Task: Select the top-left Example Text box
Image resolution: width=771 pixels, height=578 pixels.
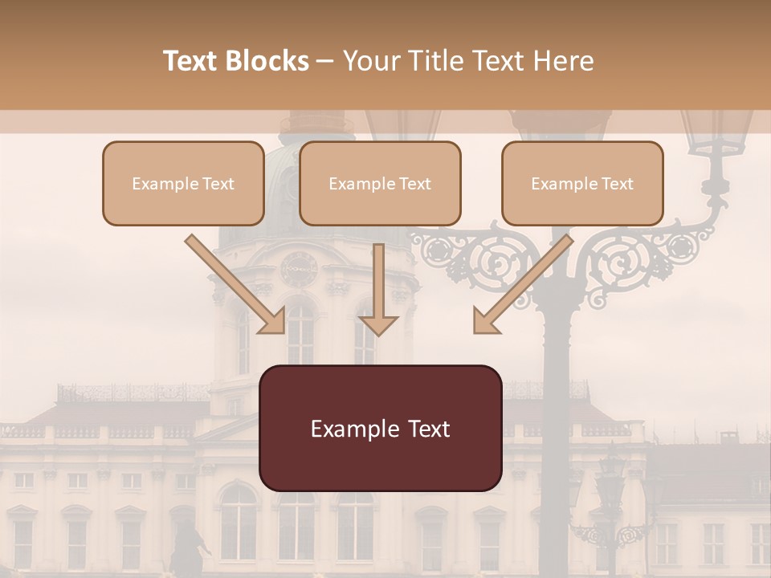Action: point(183,183)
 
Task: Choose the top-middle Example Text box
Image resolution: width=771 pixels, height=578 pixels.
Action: point(380,183)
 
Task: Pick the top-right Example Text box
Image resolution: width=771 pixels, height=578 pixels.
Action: point(582,183)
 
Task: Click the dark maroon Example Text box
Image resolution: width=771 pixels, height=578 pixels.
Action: point(380,428)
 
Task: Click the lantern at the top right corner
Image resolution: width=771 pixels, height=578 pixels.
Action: point(716,136)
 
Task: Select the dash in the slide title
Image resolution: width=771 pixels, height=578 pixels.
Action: point(326,61)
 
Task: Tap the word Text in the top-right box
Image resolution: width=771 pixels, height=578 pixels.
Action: point(617,184)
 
